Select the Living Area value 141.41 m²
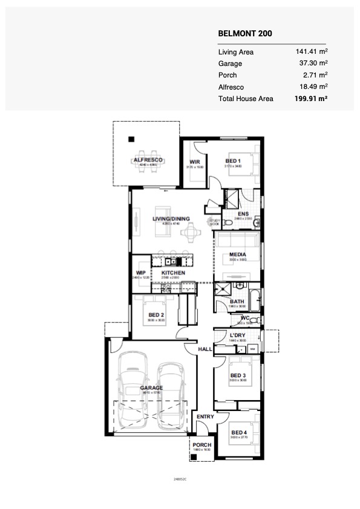(310, 52)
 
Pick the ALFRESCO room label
(145, 160)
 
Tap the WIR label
(195, 162)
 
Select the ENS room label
(243, 214)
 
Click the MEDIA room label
(237, 257)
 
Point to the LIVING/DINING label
(171, 219)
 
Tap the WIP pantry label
(141, 274)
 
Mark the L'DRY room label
(237, 337)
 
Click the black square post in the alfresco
(130, 140)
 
